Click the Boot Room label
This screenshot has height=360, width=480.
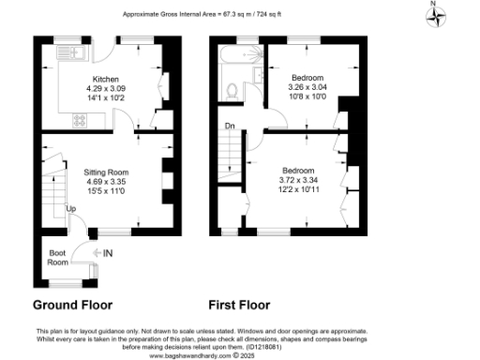click(58, 258)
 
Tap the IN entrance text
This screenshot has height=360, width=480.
click(108, 253)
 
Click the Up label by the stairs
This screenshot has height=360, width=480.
click(70, 208)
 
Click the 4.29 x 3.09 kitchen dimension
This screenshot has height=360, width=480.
click(105, 87)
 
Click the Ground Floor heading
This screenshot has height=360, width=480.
click(72, 305)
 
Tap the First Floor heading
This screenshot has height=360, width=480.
click(239, 305)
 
